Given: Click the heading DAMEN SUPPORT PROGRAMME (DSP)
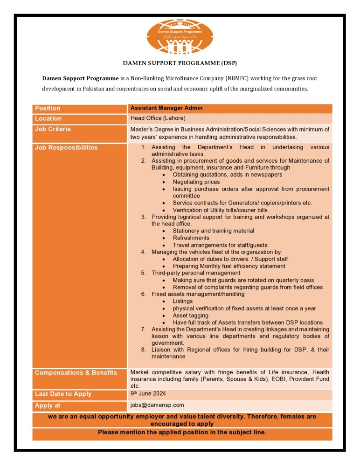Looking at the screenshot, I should pos(180,63).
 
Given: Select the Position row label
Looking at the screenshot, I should pos(48,108).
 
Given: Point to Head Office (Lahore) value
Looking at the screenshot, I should pos(158,118).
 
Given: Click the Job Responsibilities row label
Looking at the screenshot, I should pos(66,148).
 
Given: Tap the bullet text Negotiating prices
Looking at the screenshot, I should pos(196,182).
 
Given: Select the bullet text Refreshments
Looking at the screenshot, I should pos(191,238).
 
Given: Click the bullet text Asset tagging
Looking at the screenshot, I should pos(190,315).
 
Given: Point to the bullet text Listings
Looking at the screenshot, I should pos(182,301).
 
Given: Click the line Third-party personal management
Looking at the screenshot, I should pos(196,273).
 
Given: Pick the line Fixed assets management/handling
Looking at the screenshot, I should pos(198,294).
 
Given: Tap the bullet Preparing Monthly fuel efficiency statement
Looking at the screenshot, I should pos(229,266).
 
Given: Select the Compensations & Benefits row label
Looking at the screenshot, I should pos(76,373).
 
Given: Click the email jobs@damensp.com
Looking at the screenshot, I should pos(157,405).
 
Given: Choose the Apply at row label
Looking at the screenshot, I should pos(48,406).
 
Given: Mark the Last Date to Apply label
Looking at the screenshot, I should pos(63,394).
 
